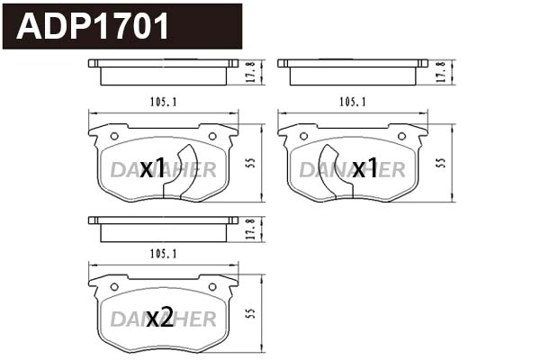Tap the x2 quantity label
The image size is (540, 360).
[160, 317]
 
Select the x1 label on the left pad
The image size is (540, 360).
[154, 168]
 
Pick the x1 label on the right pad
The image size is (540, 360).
[364, 168]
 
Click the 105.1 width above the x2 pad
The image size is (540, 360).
[163, 256]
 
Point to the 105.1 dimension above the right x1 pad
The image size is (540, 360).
[352, 102]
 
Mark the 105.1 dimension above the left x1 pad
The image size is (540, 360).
[163, 102]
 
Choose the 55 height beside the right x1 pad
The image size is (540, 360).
[440, 163]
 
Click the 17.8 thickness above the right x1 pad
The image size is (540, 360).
[440, 72]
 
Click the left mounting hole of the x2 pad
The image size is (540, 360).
[113, 287]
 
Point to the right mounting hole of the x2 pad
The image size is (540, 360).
[212, 287]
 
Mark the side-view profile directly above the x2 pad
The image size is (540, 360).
[163, 227]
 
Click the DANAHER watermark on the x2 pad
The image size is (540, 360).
[163, 319]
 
